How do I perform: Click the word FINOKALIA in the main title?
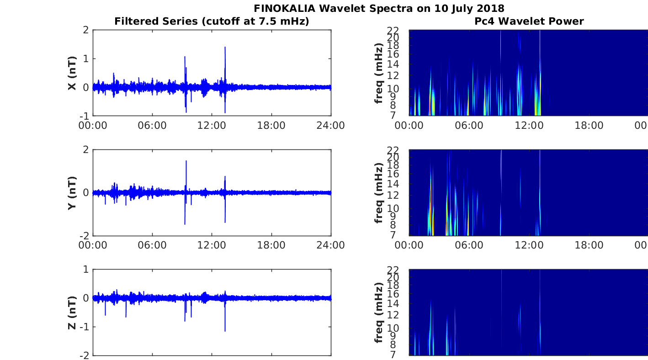[284, 9]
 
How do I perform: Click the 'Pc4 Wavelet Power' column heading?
[529, 21]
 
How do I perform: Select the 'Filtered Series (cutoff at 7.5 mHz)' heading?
[212, 21]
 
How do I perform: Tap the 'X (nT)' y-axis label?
[72, 73]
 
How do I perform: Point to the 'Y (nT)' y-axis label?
[72, 193]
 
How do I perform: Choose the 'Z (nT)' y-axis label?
[72, 313]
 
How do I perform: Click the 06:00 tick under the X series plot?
[152, 126]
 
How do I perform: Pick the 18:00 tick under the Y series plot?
[271, 245]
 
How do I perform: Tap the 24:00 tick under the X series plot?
[331, 126]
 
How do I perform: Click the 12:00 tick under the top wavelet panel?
[529, 126]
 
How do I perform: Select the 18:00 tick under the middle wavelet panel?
[589, 245]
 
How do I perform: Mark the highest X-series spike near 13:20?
[225, 47]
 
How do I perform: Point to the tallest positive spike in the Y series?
[186, 161]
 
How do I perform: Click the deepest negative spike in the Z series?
[225, 331]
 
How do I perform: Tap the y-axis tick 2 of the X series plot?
[85, 30]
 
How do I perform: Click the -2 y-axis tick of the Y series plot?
[84, 236]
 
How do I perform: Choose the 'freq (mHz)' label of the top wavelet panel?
[379, 73]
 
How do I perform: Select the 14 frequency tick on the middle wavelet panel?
[393, 184]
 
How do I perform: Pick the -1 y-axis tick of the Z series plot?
[84, 327]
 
